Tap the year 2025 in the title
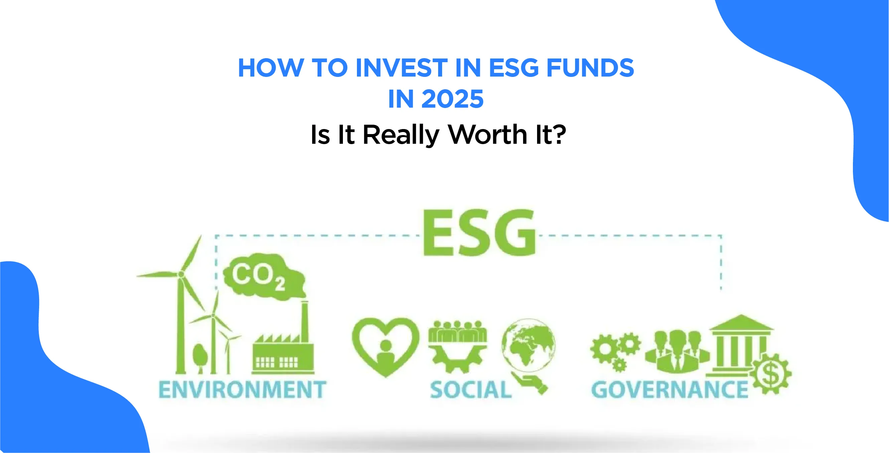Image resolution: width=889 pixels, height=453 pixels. [453, 99]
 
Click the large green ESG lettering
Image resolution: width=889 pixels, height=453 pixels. [479, 232]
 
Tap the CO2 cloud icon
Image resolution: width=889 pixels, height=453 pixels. [264, 276]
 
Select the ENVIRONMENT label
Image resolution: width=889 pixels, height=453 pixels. [242, 389]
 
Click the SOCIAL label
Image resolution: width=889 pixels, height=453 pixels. [471, 390]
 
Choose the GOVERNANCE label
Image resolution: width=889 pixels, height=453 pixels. [669, 390]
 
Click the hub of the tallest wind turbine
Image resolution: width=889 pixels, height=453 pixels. [181, 274]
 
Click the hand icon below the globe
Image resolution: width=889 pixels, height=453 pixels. [530, 382]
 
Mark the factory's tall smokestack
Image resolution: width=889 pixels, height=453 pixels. [304, 321]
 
